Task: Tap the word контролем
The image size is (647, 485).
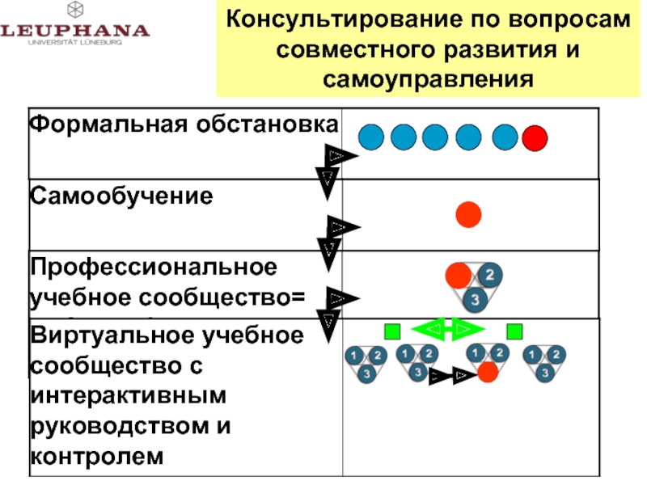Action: (x=97, y=457)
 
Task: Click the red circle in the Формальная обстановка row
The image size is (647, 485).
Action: (x=535, y=138)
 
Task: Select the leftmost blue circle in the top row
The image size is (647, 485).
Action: (x=371, y=138)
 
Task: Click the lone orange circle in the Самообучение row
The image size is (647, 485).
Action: (x=469, y=214)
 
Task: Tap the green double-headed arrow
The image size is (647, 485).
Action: (x=448, y=328)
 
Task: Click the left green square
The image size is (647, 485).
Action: (x=392, y=331)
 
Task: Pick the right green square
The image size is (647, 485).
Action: (x=514, y=331)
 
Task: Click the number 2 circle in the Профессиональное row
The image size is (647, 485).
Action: (x=489, y=275)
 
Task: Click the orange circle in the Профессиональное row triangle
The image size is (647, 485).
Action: (x=459, y=275)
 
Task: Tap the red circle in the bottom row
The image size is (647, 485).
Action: (x=487, y=373)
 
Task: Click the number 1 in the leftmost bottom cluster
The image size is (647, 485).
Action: (x=354, y=354)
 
